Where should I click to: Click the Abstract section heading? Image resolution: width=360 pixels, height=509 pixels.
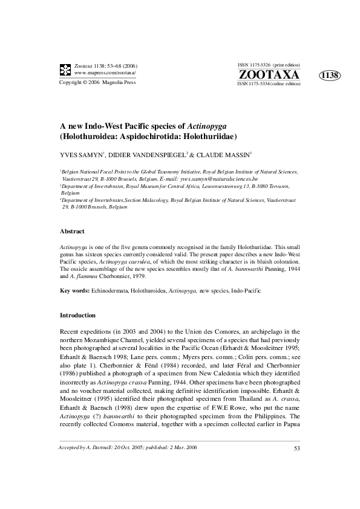click(x=72, y=232)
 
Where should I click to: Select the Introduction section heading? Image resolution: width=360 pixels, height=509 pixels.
click(x=77, y=316)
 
